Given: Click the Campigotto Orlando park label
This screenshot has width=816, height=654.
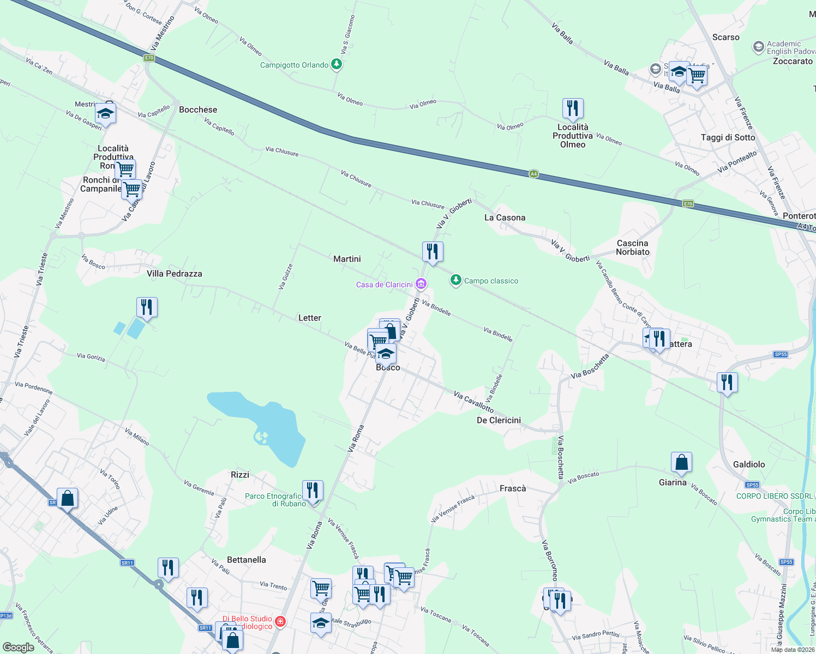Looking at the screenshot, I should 295,65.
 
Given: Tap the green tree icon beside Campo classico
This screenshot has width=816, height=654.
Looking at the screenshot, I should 455,280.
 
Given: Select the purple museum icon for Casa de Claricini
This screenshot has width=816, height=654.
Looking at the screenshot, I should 421,284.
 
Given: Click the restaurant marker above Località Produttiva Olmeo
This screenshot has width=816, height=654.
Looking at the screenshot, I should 572,109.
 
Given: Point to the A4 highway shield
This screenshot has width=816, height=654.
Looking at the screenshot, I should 533,174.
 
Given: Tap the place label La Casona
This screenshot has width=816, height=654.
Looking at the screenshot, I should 505,217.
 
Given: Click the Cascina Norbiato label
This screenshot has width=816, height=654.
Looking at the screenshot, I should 633,247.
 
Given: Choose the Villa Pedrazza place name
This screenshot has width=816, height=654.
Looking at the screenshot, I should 174,274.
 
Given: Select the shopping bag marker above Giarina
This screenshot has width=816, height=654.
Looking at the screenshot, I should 681,463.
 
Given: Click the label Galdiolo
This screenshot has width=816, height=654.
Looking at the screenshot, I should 749,464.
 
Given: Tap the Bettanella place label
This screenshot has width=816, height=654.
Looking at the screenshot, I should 246,560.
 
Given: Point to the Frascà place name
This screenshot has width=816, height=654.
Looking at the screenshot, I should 513,488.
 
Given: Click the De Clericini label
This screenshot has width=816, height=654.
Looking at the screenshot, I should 499,420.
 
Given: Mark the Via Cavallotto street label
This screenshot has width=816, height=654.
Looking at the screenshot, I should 473,402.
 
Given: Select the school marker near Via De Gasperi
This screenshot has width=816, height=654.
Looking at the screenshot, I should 105,114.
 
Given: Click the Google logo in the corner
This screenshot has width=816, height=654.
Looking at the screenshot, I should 18,647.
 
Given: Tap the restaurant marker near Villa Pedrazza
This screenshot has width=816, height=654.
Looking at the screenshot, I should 147,308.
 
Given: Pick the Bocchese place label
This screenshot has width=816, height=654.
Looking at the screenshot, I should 198,110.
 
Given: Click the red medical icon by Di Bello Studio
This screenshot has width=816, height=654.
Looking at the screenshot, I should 280,621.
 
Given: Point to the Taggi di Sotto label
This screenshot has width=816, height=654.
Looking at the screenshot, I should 728,137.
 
